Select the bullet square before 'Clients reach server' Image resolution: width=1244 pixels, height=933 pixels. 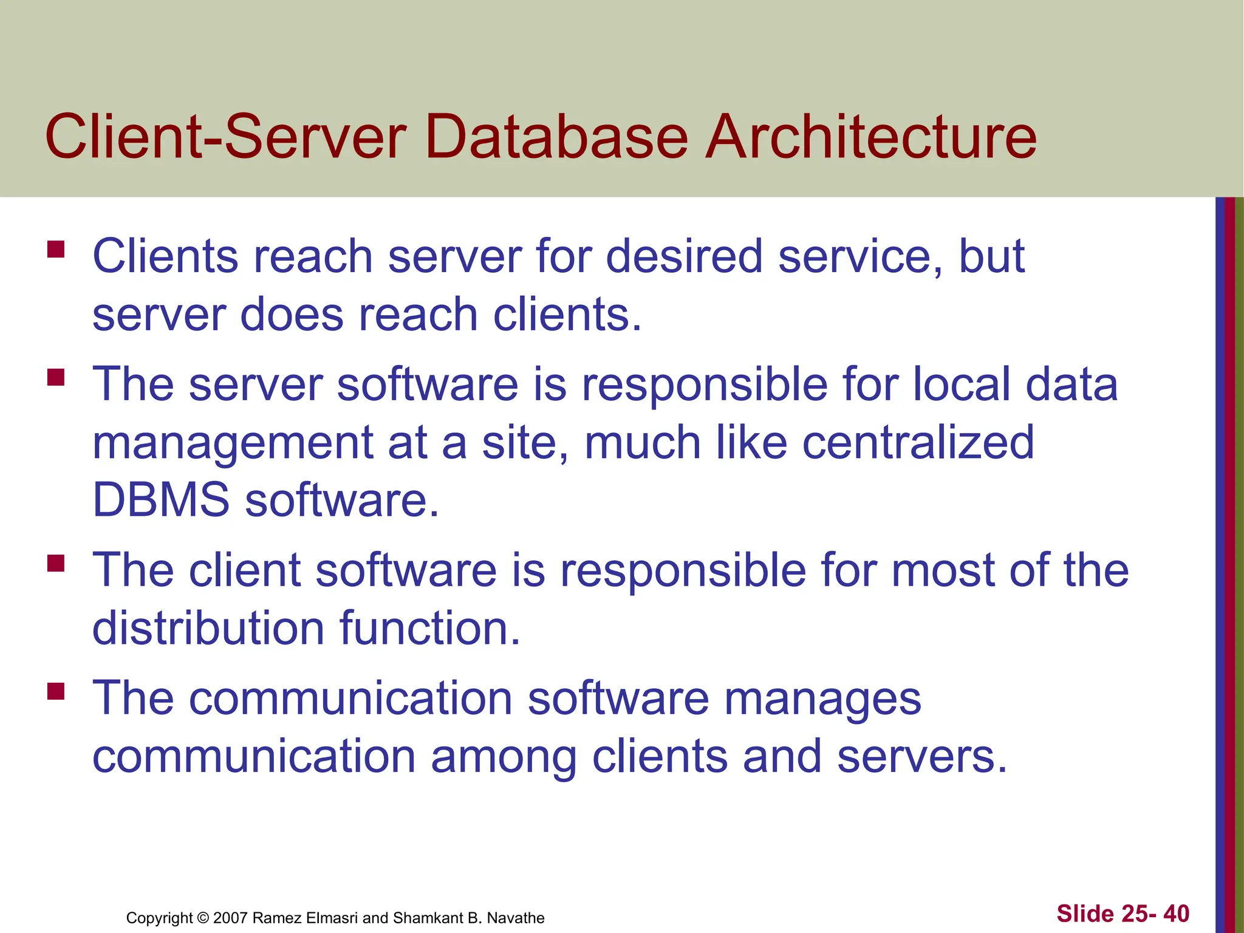pyautogui.click(x=56, y=250)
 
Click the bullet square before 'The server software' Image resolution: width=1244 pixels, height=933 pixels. pyautogui.click(x=56, y=378)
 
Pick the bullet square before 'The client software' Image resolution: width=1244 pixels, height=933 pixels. pyautogui.click(x=56, y=563)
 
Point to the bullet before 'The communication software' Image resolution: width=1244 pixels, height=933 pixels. pyautogui.click(x=56, y=692)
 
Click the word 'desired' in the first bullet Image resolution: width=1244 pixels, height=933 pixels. pyautogui.click(x=684, y=256)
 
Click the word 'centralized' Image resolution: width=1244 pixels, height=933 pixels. pyautogui.click(x=918, y=442)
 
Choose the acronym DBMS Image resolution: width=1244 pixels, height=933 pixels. pyautogui.click(x=161, y=500)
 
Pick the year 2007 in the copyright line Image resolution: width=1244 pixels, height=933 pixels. pyautogui.click(x=230, y=918)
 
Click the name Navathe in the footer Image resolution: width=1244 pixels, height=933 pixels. pyautogui.click(x=516, y=918)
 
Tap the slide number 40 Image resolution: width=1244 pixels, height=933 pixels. pyautogui.click(x=1176, y=914)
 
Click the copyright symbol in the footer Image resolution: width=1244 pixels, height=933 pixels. pyautogui.click(x=203, y=918)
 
